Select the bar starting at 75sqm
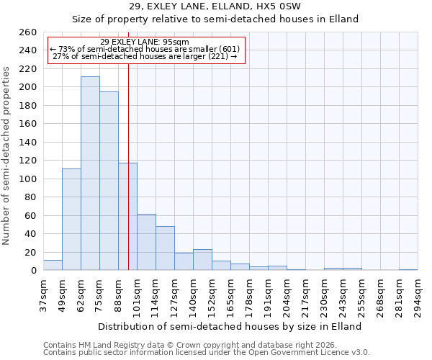(x=109, y=181)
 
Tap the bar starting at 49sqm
(x=71, y=220)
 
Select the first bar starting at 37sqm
(x=53, y=265)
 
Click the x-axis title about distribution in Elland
(x=230, y=326)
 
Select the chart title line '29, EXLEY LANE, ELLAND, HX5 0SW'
(x=215, y=6)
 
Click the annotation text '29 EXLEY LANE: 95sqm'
(x=145, y=42)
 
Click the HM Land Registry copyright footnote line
(x=194, y=345)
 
